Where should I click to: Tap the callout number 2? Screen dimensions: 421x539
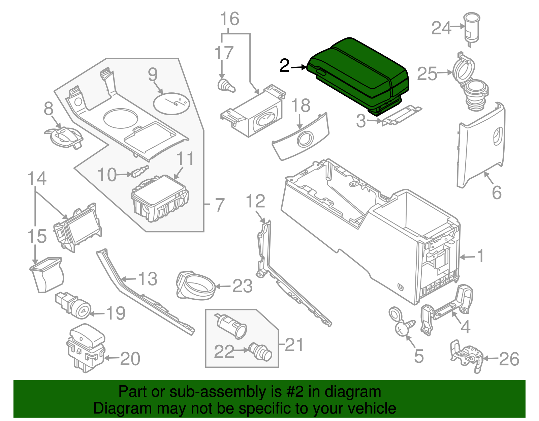coord(284,66)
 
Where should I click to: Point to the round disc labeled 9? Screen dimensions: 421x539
coord(171,102)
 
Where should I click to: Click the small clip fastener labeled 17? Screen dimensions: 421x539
coord(225,86)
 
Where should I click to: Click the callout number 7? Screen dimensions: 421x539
coord(220,205)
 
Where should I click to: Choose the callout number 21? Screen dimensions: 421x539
coord(294,344)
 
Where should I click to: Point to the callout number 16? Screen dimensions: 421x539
coord(229,19)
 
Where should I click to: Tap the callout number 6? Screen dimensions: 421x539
coord(497,192)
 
